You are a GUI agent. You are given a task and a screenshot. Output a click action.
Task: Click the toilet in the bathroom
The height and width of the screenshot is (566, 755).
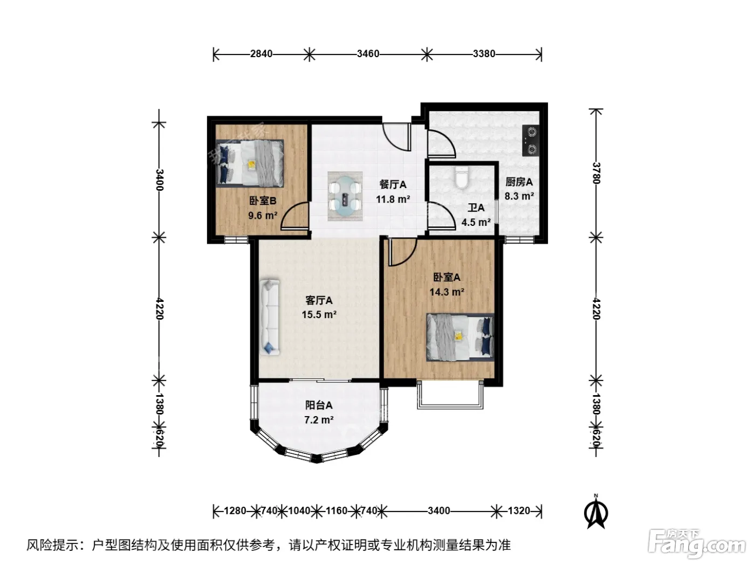tap(461, 177)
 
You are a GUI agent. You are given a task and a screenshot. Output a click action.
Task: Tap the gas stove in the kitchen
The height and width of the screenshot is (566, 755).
tap(530, 140)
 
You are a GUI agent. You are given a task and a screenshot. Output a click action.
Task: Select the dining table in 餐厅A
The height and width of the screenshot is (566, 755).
tap(345, 196)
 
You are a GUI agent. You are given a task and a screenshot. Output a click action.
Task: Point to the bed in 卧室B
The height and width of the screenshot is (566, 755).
tap(250, 163)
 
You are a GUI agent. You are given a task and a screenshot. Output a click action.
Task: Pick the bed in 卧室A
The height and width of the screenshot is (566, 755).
tap(460, 337)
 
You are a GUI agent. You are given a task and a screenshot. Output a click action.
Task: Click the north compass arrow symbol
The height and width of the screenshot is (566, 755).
tap(596, 512)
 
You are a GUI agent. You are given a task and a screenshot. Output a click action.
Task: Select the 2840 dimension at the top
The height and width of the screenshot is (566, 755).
tap(261, 54)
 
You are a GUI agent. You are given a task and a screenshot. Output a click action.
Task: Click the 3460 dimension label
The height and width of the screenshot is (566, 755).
tap(368, 54)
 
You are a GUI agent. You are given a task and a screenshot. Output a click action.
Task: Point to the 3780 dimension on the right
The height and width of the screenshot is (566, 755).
tap(596, 173)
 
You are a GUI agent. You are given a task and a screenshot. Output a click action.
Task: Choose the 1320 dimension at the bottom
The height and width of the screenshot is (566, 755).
tap(519, 511)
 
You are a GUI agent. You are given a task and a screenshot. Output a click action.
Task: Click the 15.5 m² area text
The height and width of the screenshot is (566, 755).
tap(319, 314)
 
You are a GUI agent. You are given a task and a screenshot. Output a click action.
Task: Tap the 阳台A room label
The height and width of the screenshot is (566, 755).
tap(319, 405)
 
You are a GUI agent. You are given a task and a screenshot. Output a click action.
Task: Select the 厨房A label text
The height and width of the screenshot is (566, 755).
tap(519, 182)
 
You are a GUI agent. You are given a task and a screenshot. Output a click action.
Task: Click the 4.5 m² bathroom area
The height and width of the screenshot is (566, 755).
tap(476, 222)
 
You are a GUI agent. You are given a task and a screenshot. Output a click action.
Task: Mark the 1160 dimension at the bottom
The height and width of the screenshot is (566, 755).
tap(337, 511)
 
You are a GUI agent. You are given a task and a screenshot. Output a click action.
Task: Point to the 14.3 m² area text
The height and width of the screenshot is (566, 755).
tap(447, 292)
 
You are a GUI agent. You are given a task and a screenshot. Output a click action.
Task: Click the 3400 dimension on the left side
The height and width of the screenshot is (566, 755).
tap(159, 180)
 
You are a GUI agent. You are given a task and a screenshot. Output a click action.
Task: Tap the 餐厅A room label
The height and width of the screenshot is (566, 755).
tap(393, 184)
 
